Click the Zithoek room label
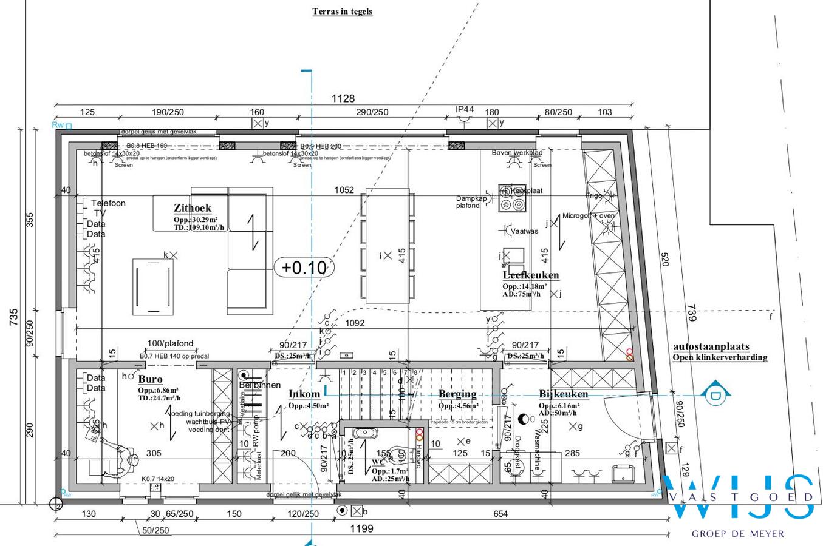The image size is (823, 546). pyautogui.click(x=192, y=208)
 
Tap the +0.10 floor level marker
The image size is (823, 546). pyautogui.click(x=304, y=268)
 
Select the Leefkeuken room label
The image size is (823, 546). pyautogui.click(x=530, y=275)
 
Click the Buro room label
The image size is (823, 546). pyautogui.click(x=150, y=379)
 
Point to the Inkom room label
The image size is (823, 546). pyautogui.click(x=304, y=394)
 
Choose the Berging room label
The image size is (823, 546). pyautogui.click(x=457, y=394)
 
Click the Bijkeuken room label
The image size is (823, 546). pyautogui.click(x=563, y=394)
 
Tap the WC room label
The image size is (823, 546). pyautogui.click(x=378, y=462)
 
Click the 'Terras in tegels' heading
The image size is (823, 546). pyautogui.click(x=342, y=12)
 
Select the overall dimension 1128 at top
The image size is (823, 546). pyautogui.click(x=343, y=98)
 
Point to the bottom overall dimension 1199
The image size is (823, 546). pyautogui.click(x=361, y=528)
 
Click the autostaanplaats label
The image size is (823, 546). pyautogui.click(x=711, y=347)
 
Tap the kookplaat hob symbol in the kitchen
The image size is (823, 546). pyautogui.click(x=511, y=198)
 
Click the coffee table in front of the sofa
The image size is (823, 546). pyautogui.click(x=152, y=286)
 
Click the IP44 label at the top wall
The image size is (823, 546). pyautogui.click(x=465, y=109)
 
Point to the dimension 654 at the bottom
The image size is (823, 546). pyautogui.click(x=500, y=514)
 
